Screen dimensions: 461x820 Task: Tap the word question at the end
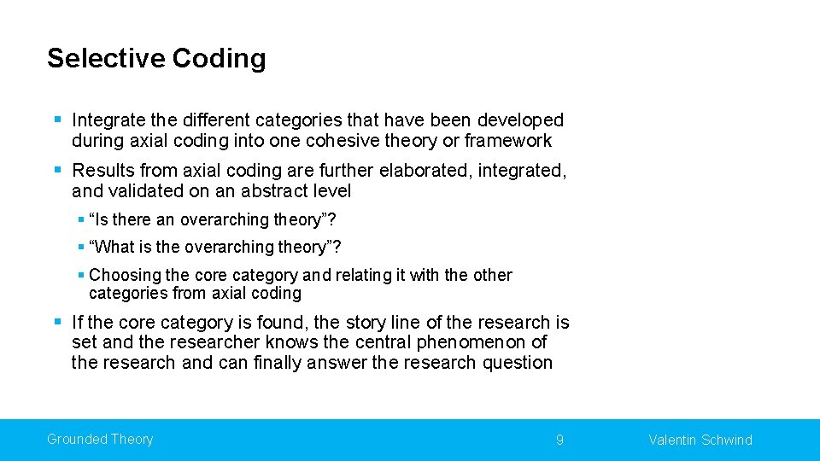tap(515, 363)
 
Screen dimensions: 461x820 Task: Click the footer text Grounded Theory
tap(100, 440)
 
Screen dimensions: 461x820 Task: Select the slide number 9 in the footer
tap(559, 441)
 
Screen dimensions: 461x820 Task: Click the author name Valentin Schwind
tap(700, 441)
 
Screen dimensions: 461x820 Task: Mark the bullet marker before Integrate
tap(56, 120)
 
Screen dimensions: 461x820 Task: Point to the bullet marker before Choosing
tap(80, 275)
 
